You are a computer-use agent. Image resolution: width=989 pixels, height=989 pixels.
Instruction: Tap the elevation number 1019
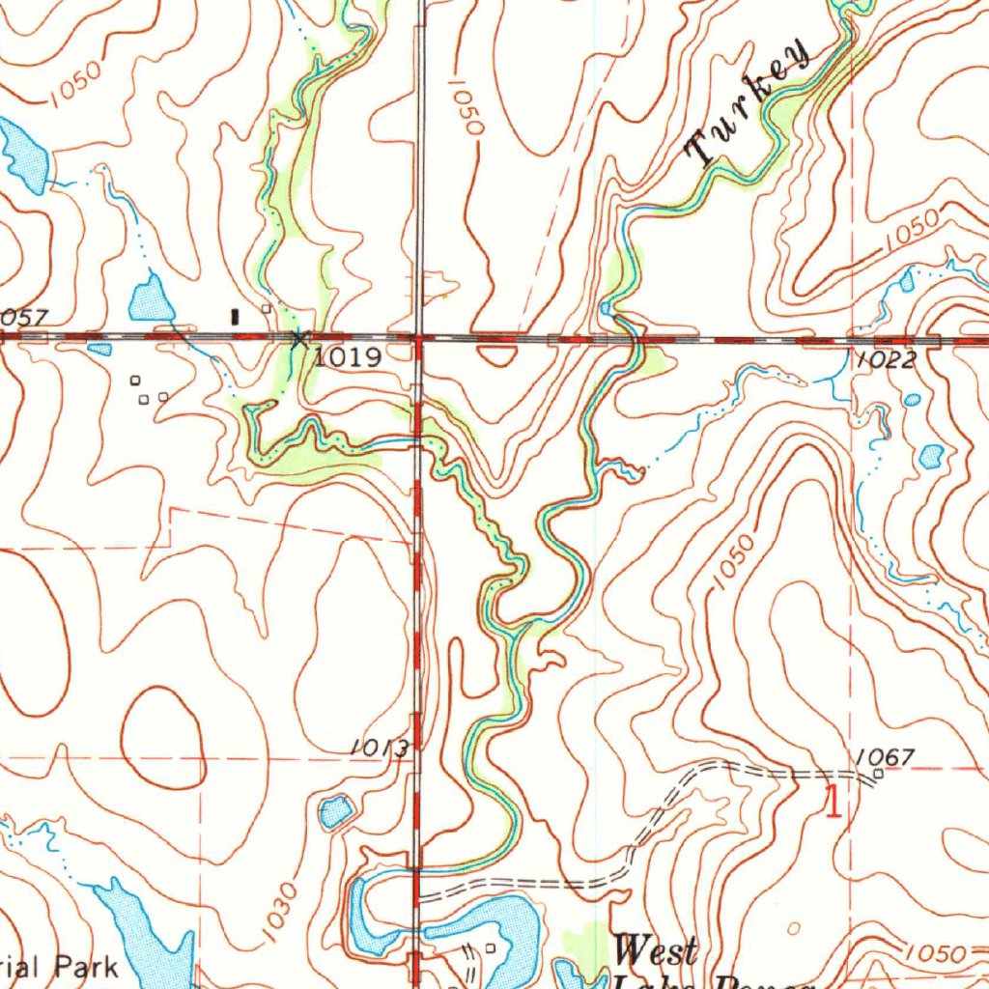point(348,357)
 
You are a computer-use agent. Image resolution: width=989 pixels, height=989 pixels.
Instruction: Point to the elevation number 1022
point(885,360)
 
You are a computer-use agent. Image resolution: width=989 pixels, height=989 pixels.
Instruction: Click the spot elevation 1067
point(884,756)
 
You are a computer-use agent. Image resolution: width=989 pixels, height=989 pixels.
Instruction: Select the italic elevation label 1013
point(381,747)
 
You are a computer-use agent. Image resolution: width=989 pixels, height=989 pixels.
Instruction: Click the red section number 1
point(831,802)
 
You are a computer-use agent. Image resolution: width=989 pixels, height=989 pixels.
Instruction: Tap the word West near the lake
point(656,951)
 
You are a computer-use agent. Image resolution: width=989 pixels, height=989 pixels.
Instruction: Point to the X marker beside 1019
point(299,338)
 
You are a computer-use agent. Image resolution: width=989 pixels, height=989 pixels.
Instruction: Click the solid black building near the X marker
point(235,315)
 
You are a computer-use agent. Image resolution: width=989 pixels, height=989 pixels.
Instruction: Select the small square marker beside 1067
point(878,774)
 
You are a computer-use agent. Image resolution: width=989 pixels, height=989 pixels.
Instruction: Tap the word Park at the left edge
point(86,965)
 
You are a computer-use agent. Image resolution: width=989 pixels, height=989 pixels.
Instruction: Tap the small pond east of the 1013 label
point(336,811)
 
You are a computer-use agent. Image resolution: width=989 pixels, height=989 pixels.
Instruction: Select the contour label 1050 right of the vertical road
point(466,106)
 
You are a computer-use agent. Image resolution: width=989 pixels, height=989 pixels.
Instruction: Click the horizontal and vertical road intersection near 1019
point(419,338)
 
